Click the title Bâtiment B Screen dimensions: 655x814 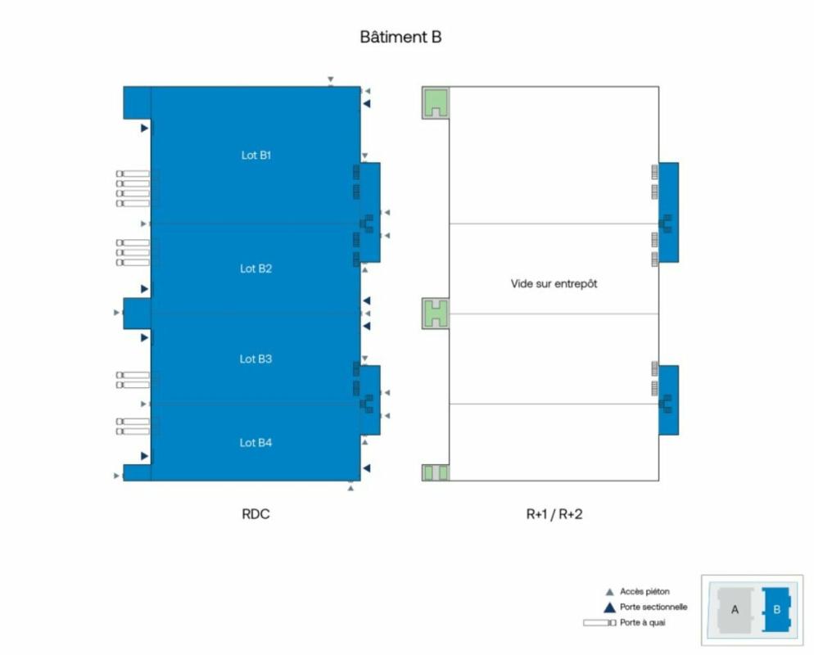(x=400, y=37)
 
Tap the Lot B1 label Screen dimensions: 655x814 (x=256, y=155)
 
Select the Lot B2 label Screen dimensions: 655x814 (x=256, y=269)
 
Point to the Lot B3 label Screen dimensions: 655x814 (x=256, y=359)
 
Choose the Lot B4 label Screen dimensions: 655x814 (x=256, y=443)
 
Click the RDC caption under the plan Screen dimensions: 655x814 (x=256, y=514)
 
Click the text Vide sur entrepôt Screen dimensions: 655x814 (x=554, y=283)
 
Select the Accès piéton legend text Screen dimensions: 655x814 (x=644, y=591)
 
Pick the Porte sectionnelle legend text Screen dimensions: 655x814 (x=653, y=607)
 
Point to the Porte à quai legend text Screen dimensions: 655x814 (x=643, y=623)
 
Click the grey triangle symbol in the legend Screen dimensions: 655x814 (x=608, y=591)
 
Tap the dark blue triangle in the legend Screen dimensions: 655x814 (x=608, y=608)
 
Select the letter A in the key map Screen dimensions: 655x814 (x=735, y=609)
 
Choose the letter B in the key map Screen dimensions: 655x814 (x=776, y=609)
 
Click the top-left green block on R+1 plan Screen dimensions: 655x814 (x=435, y=102)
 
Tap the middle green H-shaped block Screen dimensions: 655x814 (x=435, y=313)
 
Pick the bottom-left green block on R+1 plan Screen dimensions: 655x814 (x=435, y=472)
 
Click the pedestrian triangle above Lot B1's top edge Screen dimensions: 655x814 (x=330, y=79)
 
